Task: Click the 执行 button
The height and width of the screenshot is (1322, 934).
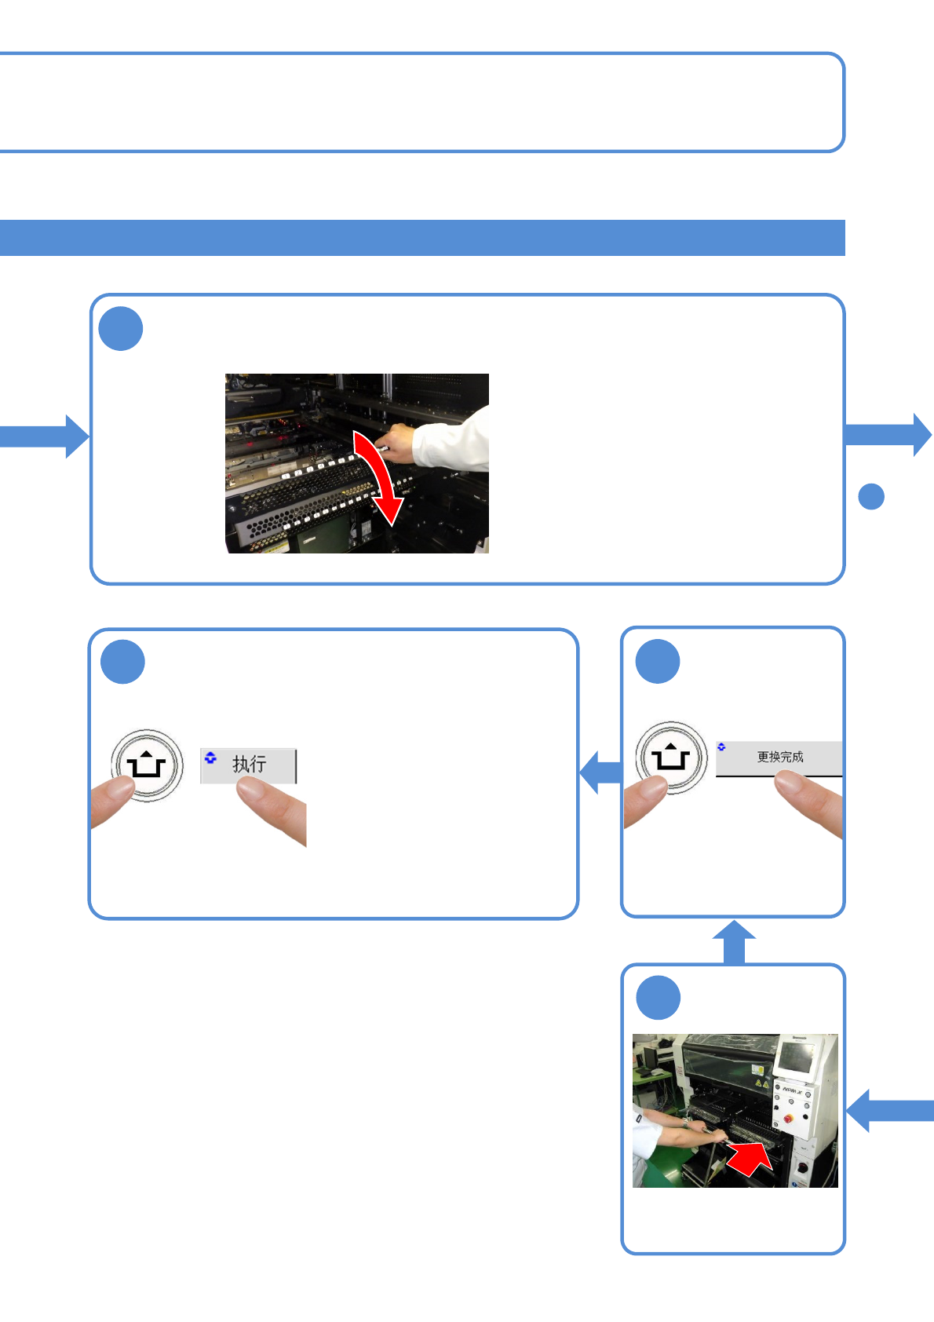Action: point(249,765)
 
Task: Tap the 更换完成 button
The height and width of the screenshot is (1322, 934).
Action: point(779,758)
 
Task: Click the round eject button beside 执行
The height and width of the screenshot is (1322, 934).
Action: point(147,765)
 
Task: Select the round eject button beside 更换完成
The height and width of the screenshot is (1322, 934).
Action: point(670,758)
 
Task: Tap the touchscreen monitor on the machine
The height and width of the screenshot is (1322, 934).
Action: point(795,1058)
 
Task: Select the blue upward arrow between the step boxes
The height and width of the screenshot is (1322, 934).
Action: point(734,940)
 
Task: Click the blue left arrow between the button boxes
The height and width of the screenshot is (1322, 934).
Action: point(600,772)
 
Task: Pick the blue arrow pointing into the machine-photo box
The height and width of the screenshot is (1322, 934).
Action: point(888,1110)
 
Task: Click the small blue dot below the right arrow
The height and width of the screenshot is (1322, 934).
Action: point(871,497)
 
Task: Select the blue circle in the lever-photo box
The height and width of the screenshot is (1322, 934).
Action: point(121,329)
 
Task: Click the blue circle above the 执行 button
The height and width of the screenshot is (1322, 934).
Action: point(122,662)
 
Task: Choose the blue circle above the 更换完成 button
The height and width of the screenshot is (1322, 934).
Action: point(658,661)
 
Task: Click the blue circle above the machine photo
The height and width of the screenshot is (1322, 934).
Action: point(658,998)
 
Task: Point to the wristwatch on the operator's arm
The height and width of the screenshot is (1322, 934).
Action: point(685,1123)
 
